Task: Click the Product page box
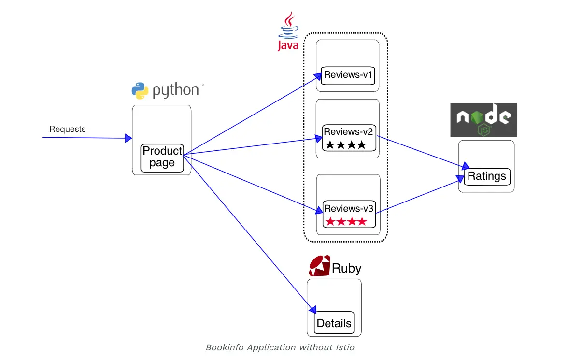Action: (x=162, y=157)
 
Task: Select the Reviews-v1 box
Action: (x=349, y=75)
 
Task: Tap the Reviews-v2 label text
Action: (x=349, y=131)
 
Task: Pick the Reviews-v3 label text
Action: (x=349, y=209)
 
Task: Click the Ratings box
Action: (x=486, y=176)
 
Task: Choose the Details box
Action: (x=334, y=323)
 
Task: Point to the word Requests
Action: (x=68, y=129)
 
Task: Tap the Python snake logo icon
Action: (x=140, y=90)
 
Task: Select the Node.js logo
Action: (x=483, y=119)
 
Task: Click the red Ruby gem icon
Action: (x=319, y=266)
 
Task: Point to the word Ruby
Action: (x=347, y=268)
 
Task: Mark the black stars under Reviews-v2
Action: (x=346, y=144)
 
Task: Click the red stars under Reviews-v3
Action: (x=346, y=222)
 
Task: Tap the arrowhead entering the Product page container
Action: (x=128, y=138)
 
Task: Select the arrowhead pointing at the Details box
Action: (x=313, y=309)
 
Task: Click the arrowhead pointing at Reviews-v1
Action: (x=319, y=75)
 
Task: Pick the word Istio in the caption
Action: (x=345, y=347)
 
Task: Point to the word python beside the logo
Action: (x=176, y=90)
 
